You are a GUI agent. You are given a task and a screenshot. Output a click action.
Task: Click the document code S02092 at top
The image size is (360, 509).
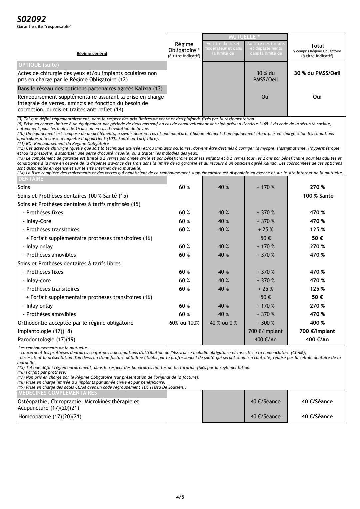(x=31, y=19)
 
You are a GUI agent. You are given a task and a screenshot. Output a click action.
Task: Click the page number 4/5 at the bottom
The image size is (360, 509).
(x=180, y=497)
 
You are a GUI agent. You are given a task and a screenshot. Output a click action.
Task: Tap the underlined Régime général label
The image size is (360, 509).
(x=92, y=53)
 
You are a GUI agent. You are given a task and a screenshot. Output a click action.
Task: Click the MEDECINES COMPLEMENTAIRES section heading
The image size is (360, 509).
(x=57, y=392)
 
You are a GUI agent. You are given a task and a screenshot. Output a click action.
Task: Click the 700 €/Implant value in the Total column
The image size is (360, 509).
(x=317, y=331)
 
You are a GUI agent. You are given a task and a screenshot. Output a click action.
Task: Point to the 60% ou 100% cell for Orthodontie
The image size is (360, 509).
(x=184, y=323)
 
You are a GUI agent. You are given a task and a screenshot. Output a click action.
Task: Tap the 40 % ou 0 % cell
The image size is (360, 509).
(x=223, y=323)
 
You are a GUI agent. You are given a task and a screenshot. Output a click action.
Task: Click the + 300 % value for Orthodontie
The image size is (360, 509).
(x=266, y=323)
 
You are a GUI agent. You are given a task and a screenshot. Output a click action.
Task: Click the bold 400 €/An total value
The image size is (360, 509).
(x=317, y=340)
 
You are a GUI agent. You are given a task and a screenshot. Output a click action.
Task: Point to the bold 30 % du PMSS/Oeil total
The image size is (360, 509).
(x=317, y=73)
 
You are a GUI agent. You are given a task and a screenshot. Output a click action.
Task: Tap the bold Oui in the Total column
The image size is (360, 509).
(x=317, y=97)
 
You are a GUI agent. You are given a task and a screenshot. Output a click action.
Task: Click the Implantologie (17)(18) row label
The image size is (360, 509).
(x=45, y=331)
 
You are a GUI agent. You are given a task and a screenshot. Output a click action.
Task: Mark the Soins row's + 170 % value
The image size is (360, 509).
(x=266, y=187)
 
